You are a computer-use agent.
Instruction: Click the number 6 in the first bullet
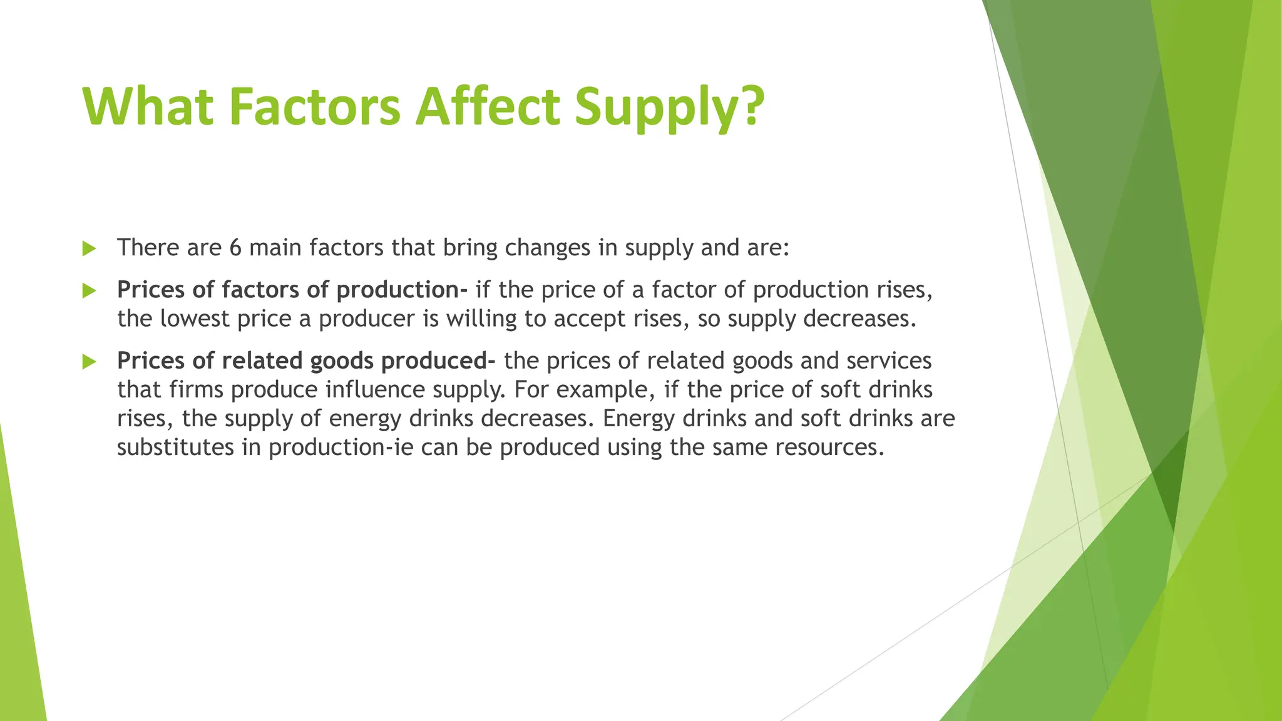coord(235,248)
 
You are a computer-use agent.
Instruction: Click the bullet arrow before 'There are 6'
coord(89,248)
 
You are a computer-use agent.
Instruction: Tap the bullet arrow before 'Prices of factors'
coord(89,290)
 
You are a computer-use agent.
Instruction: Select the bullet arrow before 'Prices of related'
coord(89,361)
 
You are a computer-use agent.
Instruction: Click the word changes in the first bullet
coord(547,248)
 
